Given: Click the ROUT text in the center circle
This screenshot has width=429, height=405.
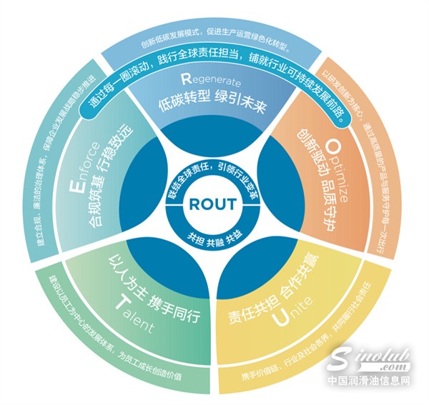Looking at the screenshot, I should coord(212,204).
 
